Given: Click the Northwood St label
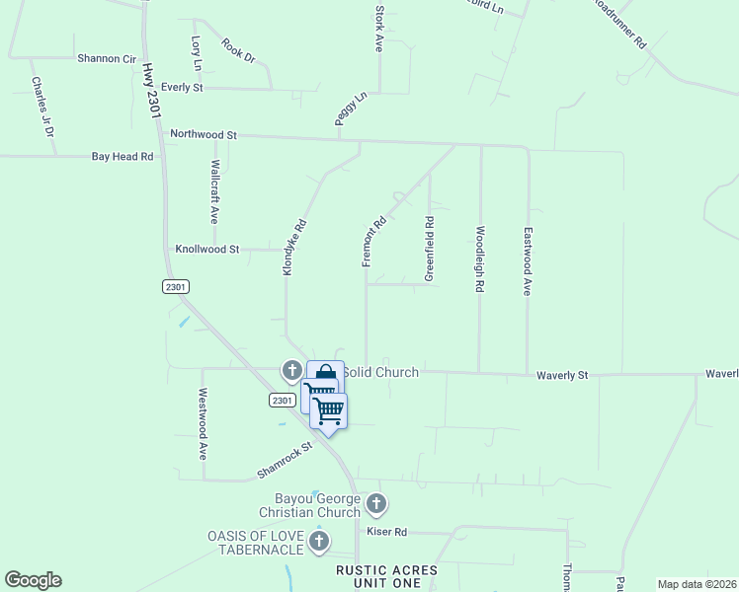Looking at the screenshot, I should [205, 133].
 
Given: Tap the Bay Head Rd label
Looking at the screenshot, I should [123, 156].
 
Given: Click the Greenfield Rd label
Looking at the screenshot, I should [430, 250].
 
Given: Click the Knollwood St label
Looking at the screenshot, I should [207, 250].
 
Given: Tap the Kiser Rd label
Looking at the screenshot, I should [386, 532].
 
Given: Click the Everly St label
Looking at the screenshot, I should [182, 88].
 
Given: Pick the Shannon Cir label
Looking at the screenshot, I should [106, 58].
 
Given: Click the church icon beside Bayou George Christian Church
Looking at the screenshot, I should [375, 505].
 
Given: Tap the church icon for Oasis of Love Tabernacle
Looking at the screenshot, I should [318, 541].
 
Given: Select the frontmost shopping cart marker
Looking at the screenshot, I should [329, 409].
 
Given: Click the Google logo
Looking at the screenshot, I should [33, 580].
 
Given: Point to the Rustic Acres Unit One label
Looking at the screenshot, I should [380, 576].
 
